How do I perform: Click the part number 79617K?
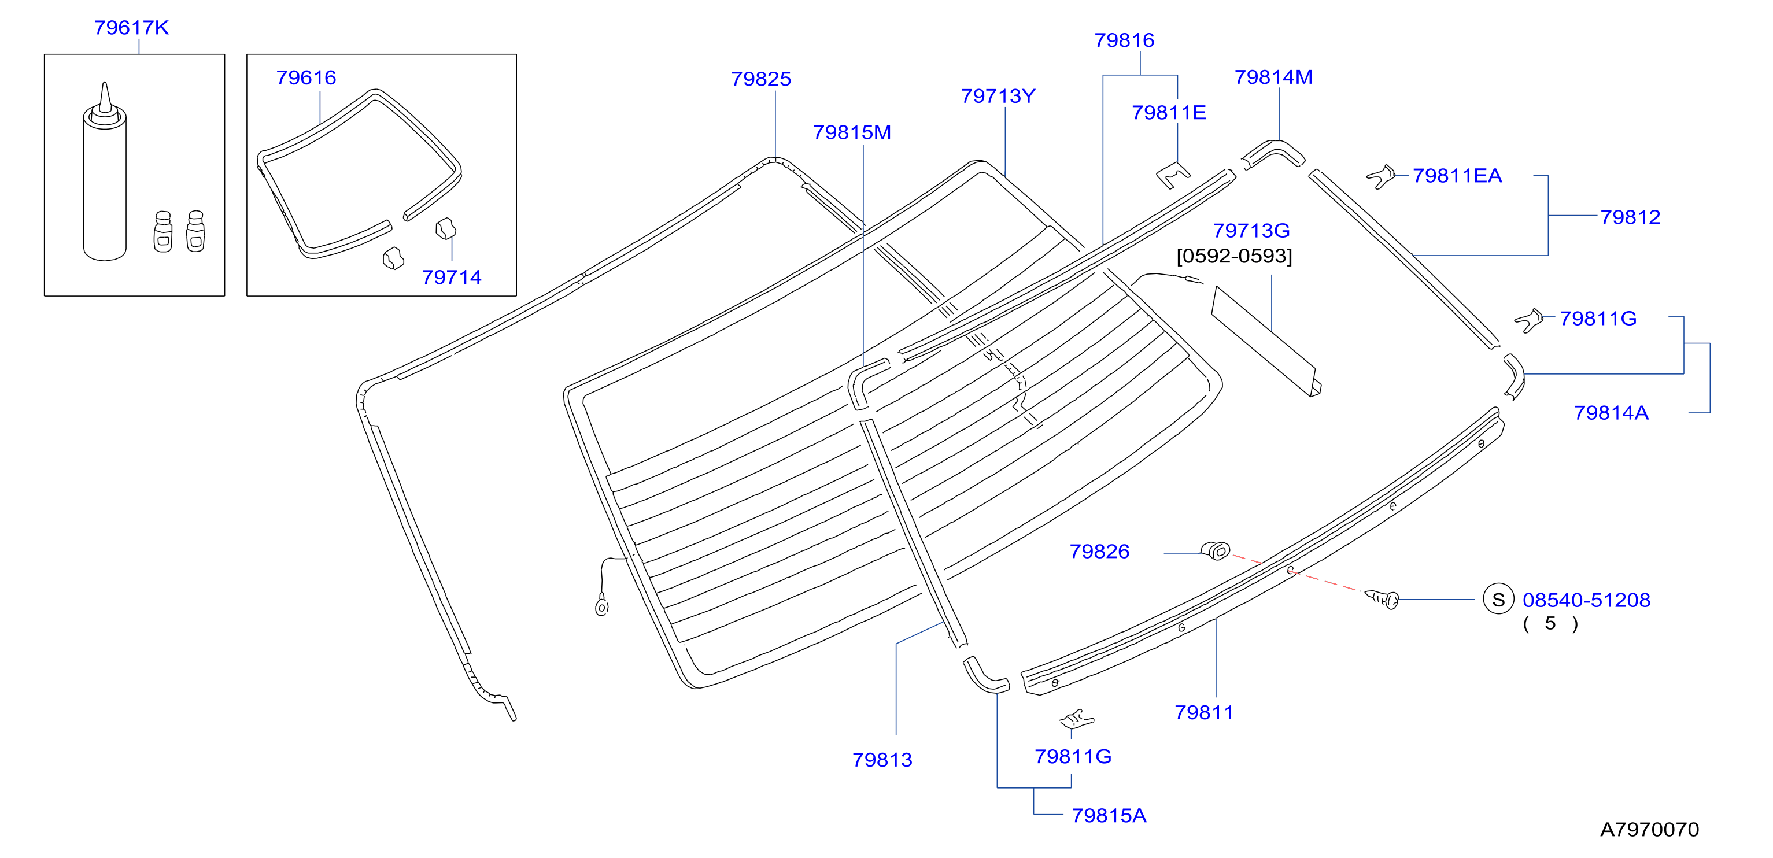point(131,28)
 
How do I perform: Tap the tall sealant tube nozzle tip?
point(105,84)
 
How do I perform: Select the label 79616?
point(306,77)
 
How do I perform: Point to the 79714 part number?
point(452,278)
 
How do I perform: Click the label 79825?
point(761,79)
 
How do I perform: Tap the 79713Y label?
point(998,97)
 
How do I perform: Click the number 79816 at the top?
point(1125,40)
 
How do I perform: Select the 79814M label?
point(1273,77)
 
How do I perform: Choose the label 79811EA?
point(1457,176)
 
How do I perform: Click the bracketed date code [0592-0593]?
point(1234,256)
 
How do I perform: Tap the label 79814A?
point(1611,413)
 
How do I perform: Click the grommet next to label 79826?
point(1216,550)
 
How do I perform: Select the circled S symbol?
point(1498,600)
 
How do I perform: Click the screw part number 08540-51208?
point(1586,600)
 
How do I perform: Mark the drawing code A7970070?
point(1649,829)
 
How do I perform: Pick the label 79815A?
point(1109,815)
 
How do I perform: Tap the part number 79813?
point(882,760)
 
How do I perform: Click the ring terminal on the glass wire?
point(601,607)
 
